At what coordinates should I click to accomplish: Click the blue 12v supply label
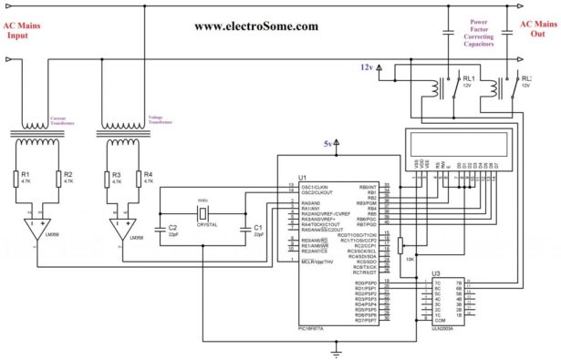point(366,67)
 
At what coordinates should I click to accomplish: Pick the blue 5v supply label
point(327,144)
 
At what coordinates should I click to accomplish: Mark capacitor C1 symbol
point(244,229)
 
